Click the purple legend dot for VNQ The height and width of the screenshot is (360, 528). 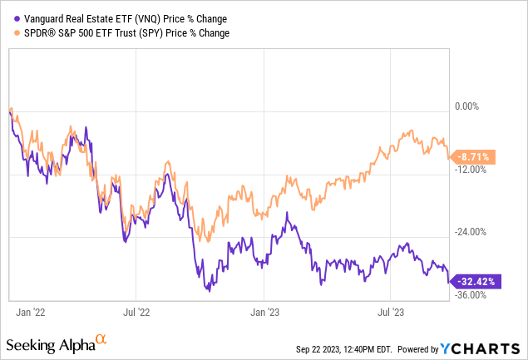click(9, 18)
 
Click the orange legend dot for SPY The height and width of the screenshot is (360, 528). click(9, 32)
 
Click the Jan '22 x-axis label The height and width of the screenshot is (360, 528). click(31, 313)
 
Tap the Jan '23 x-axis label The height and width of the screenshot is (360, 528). click(264, 313)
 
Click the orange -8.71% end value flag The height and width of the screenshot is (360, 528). click(475, 155)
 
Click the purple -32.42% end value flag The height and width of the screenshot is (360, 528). click(476, 282)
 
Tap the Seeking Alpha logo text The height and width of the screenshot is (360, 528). click(49, 343)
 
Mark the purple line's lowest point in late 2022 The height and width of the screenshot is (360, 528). click(210, 291)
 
